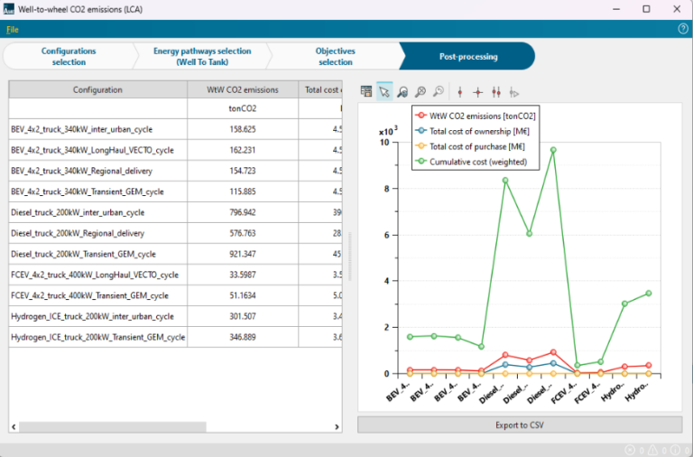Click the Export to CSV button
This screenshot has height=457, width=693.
(x=520, y=424)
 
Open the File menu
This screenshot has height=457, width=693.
(x=13, y=29)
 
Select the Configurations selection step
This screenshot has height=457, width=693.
(x=69, y=56)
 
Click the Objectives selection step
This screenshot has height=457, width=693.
(x=335, y=56)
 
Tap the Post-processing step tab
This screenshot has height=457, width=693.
(x=467, y=56)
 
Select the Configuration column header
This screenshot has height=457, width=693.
(x=97, y=89)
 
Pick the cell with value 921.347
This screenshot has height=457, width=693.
(x=244, y=254)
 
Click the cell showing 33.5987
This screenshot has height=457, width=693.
(x=244, y=275)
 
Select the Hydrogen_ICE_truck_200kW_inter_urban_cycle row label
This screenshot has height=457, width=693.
(x=93, y=316)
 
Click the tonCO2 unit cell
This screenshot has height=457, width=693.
(x=244, y=108)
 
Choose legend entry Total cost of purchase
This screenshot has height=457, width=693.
(x=477, y=146)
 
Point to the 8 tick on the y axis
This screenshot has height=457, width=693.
(x=385, y=189)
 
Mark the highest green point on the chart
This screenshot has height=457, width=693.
(x=553, y=150)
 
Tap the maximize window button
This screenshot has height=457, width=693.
(x=646, y=9)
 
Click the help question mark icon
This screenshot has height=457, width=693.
(x=683, y=29)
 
